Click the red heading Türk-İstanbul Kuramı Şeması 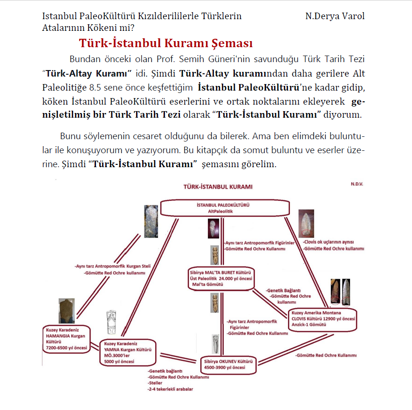165,43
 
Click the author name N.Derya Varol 335,16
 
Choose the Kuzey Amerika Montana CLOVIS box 323,319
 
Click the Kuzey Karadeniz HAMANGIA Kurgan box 67,338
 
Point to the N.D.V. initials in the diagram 356,184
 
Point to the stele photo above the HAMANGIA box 66,311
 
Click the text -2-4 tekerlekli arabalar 170,389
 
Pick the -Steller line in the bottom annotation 156,382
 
